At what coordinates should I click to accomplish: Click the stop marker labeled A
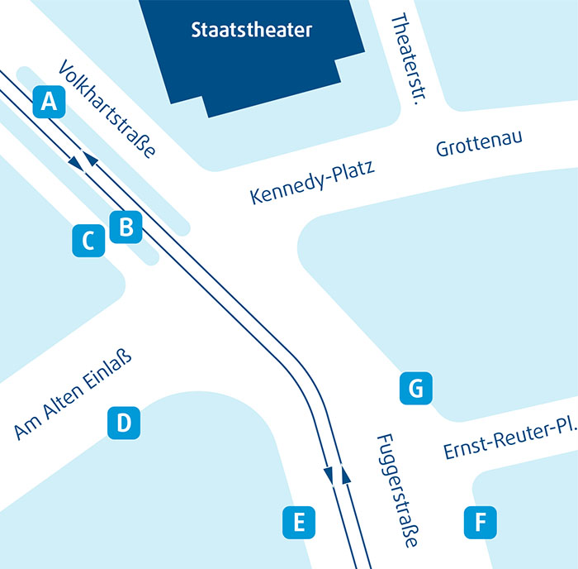click(x=50, y=103)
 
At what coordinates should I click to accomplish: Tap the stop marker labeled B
click(x=126, y=226)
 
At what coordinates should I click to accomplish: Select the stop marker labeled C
click(x=88, y=241)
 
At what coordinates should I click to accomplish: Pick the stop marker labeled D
click(x=123, y=423)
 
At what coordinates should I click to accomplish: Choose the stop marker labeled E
click(x=299, y=522)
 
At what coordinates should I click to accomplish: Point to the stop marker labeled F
click(x=480, y=522)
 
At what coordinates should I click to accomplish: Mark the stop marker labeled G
click(x=415, y=387)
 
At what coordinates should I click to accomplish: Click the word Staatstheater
click(x=252, y=31)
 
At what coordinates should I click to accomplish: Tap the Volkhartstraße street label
click(x=108, y=110)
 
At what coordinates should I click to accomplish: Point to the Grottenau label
click(x=480, y=145)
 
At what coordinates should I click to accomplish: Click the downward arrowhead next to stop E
click(x=329, y=475)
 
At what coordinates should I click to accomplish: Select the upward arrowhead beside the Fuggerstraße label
click(x=346, y=473)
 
